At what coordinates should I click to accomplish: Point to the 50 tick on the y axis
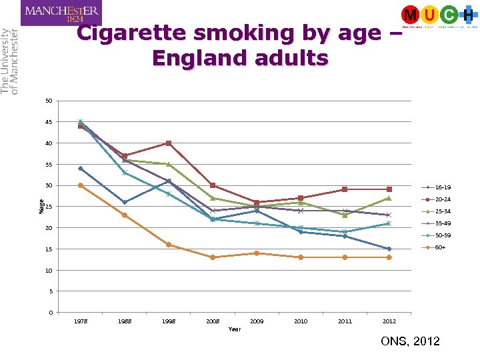[x=49, y=101]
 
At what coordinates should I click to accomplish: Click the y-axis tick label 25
[x=49, y=207]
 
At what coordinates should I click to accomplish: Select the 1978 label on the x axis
[x=80, y=321]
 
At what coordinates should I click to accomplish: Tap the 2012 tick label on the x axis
[x=389, y=321]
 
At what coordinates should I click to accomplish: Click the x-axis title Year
[x=235, y=329]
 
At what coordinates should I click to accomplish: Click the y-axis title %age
[x=41, y=207]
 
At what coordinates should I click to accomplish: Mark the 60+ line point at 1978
[x=80, y=185]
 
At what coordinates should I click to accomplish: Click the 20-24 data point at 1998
[x=169, y=143]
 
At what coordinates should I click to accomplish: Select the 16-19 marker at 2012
[x=389, y=249]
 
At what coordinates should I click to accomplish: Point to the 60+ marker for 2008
[x=213, y=257]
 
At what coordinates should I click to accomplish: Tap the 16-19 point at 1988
[x=124, y=203]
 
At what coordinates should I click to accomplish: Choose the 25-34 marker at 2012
[x=389, y=198]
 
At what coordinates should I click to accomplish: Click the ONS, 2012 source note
[x=410, y=341]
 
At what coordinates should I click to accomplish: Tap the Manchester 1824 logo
[x=61, y=13]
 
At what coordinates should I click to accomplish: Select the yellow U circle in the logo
[x=430, y=14]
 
